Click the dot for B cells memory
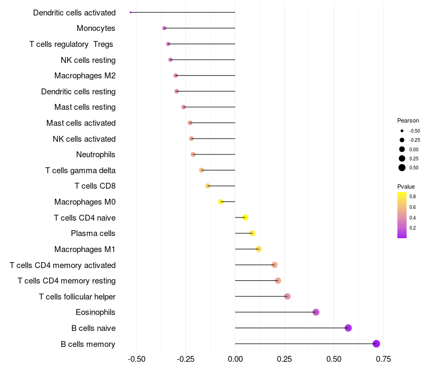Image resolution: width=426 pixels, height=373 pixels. pos(376,344)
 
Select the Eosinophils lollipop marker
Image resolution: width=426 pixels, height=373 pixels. pos(316,312)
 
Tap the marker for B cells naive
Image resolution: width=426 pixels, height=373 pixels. pos(348,328)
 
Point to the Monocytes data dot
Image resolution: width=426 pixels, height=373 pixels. pos(164,28)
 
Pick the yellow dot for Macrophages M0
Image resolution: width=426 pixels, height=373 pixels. pos(220,202)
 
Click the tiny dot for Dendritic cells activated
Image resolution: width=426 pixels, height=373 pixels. pos(130,12)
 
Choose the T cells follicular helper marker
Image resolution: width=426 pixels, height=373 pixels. pos(288,296)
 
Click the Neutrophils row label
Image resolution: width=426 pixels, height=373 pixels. pos(96,155)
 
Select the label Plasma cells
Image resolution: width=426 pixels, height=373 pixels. pos(93,233)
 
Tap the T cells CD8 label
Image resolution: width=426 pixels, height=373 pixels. pos(95,186)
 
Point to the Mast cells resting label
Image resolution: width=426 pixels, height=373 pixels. pos(85,107)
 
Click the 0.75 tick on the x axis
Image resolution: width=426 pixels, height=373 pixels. pos(383,358)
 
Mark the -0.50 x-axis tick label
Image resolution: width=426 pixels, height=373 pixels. pos(136,358)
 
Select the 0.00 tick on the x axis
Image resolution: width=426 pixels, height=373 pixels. pos(235,358)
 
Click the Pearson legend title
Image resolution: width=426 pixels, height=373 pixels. pos(408,120)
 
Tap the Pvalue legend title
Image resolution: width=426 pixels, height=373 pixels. pos(406,186)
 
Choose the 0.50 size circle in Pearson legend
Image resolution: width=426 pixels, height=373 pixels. pos(402,168)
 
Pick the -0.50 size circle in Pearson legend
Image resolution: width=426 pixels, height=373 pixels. pos(402,131)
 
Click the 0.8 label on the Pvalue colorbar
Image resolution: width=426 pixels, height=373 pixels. pos(413,197)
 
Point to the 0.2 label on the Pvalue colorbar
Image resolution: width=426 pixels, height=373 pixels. pos(413,228)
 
